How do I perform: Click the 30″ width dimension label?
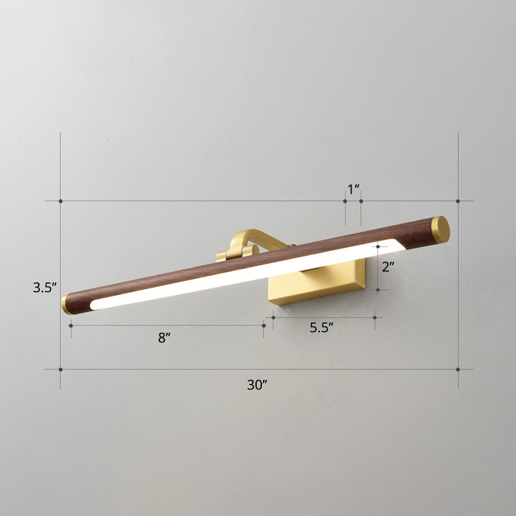[257, 385]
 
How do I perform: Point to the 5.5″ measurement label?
[321, 328]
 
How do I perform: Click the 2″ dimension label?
[387, 266]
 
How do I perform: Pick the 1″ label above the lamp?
[353, 190]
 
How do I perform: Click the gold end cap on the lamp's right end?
[440, 229]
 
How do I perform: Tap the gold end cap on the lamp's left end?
[66, 305]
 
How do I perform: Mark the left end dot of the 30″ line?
[61, 370]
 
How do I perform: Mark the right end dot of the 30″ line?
[458, 370]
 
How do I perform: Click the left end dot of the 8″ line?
[70, 326]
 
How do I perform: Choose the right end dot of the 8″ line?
[264, 326]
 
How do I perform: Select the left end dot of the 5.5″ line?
[273, 317]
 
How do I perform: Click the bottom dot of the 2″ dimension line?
[379, 291]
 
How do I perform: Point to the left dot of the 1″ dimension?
[345, 201]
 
